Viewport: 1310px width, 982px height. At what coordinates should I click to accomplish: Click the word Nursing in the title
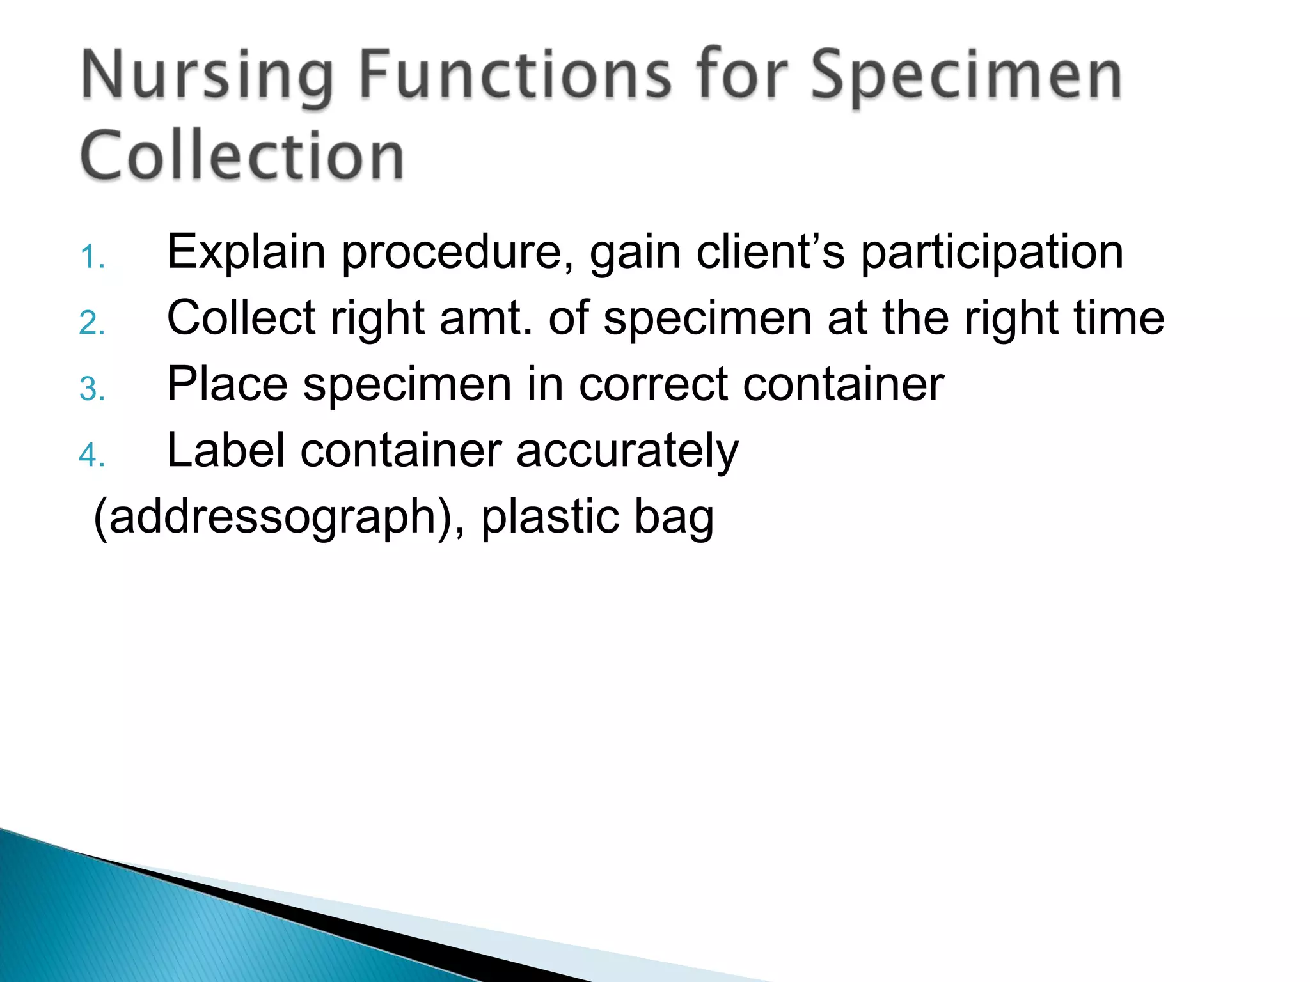[207, 78]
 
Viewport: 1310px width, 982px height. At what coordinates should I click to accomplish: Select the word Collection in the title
[242, 155]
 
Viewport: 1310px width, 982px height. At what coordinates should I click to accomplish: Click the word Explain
[246, 253]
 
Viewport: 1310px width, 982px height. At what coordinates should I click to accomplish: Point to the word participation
[991, 253]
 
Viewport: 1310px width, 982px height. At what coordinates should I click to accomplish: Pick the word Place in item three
[227, 385]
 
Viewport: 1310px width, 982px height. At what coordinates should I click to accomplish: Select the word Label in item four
[226, 451]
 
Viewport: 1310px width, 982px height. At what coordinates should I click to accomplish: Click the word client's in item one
[770, 253]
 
